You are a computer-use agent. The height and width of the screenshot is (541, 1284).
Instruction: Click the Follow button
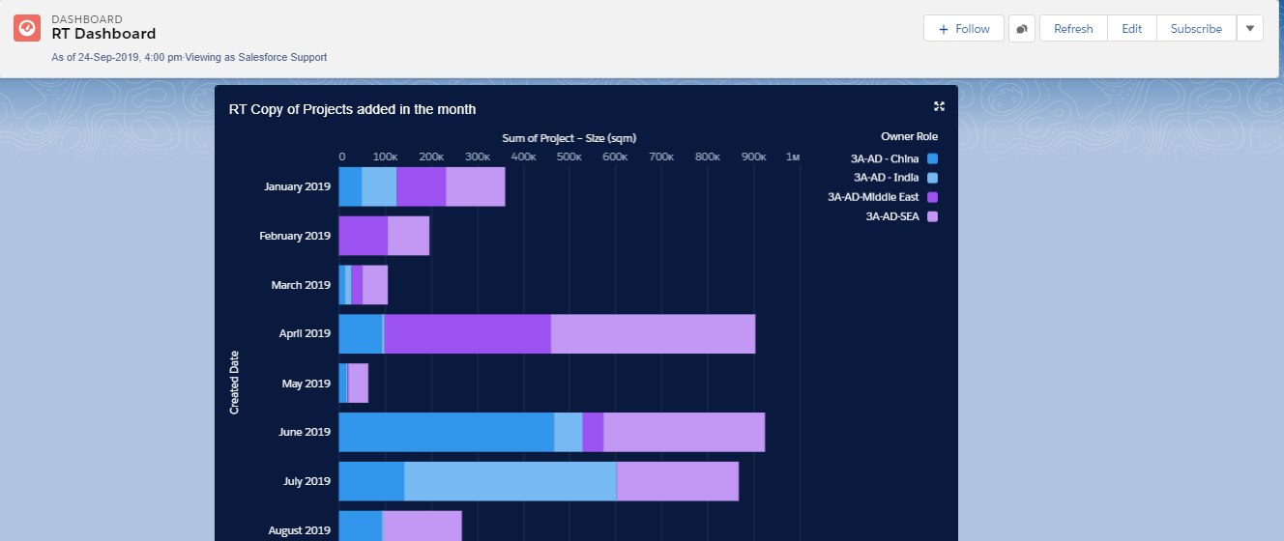(x=964, y=29)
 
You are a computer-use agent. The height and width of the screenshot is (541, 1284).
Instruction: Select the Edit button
(x=1131, y=29)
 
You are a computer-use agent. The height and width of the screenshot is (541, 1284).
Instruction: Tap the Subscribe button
(x=1196, y=29)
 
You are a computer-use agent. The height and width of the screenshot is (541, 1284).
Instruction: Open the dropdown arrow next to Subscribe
(x=1249, y=29)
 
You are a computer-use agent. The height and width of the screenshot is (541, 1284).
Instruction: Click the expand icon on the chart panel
(x=939, y=107)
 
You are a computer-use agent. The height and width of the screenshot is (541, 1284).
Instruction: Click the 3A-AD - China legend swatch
(x=933, y=158)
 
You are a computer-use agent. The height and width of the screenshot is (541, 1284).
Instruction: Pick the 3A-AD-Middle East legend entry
(x=873, y=197)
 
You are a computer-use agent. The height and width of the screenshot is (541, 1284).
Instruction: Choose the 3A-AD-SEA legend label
(x=891, y=216)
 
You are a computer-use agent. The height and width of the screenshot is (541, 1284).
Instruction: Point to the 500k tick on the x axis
(x=569, y=157)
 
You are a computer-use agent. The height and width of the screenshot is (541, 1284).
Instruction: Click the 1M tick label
(x=793, y=157)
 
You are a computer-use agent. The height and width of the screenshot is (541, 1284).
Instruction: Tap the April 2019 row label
(x=305, y=334)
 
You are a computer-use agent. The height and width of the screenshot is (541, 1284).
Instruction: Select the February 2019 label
(x=295, y=236)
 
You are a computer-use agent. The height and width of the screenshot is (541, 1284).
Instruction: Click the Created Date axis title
(x=234, y=383)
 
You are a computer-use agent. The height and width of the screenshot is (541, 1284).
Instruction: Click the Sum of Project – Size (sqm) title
(x=569, y=138)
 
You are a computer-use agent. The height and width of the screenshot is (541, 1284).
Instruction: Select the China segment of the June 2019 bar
(x=446, y=432)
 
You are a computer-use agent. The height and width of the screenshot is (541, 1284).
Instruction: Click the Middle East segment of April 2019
(x=467, y=333)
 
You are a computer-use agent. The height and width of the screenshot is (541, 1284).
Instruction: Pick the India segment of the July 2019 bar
(x=510, y=481)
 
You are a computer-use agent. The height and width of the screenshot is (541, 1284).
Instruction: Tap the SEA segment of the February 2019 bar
(x=408, y=236)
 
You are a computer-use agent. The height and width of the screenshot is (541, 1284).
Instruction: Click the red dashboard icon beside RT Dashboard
(x=27, y=28)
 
